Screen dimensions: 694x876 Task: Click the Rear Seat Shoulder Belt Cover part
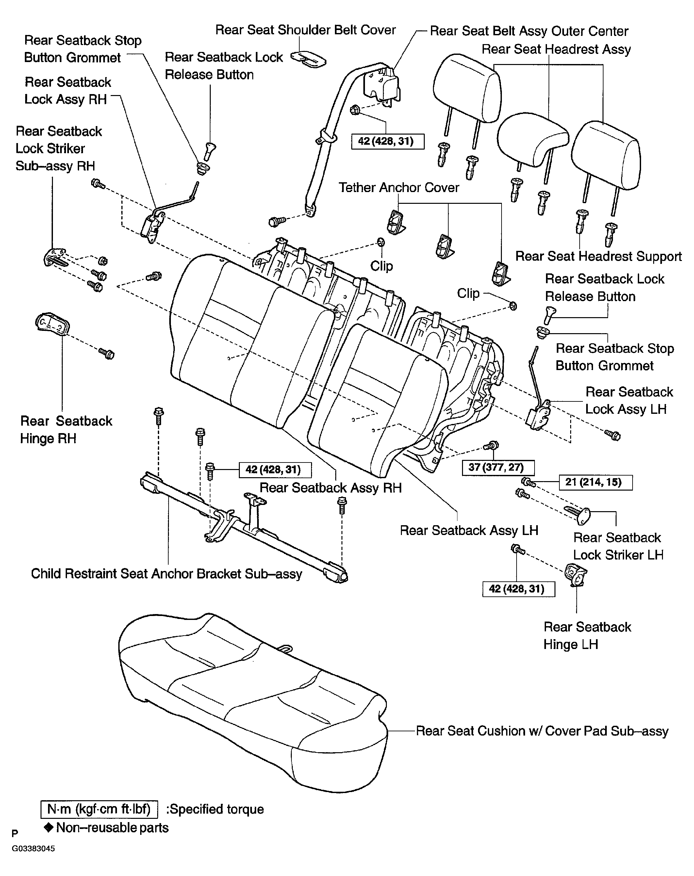click(308, 58)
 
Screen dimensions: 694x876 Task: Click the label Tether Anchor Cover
click(399, 187)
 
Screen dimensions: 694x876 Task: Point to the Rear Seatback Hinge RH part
click(52, 324)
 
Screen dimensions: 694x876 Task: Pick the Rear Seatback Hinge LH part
click(576, 574)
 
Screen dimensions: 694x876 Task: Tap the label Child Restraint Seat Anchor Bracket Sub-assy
click(167, 574)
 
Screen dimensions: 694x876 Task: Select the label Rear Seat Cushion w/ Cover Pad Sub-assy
click(542, 731)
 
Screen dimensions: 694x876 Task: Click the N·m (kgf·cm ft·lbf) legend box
click(99, 809)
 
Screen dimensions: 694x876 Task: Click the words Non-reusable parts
click(112, 828)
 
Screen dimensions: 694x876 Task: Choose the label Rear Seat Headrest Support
click(599, 256)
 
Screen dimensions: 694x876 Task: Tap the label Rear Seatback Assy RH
click(330, 488)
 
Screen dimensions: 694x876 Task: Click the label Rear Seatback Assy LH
click(469, 530)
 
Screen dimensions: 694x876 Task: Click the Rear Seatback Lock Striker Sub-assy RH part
click(55, 257)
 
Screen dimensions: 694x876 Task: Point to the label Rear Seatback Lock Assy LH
click(629, 400)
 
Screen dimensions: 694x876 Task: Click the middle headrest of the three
click(532, 138)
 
